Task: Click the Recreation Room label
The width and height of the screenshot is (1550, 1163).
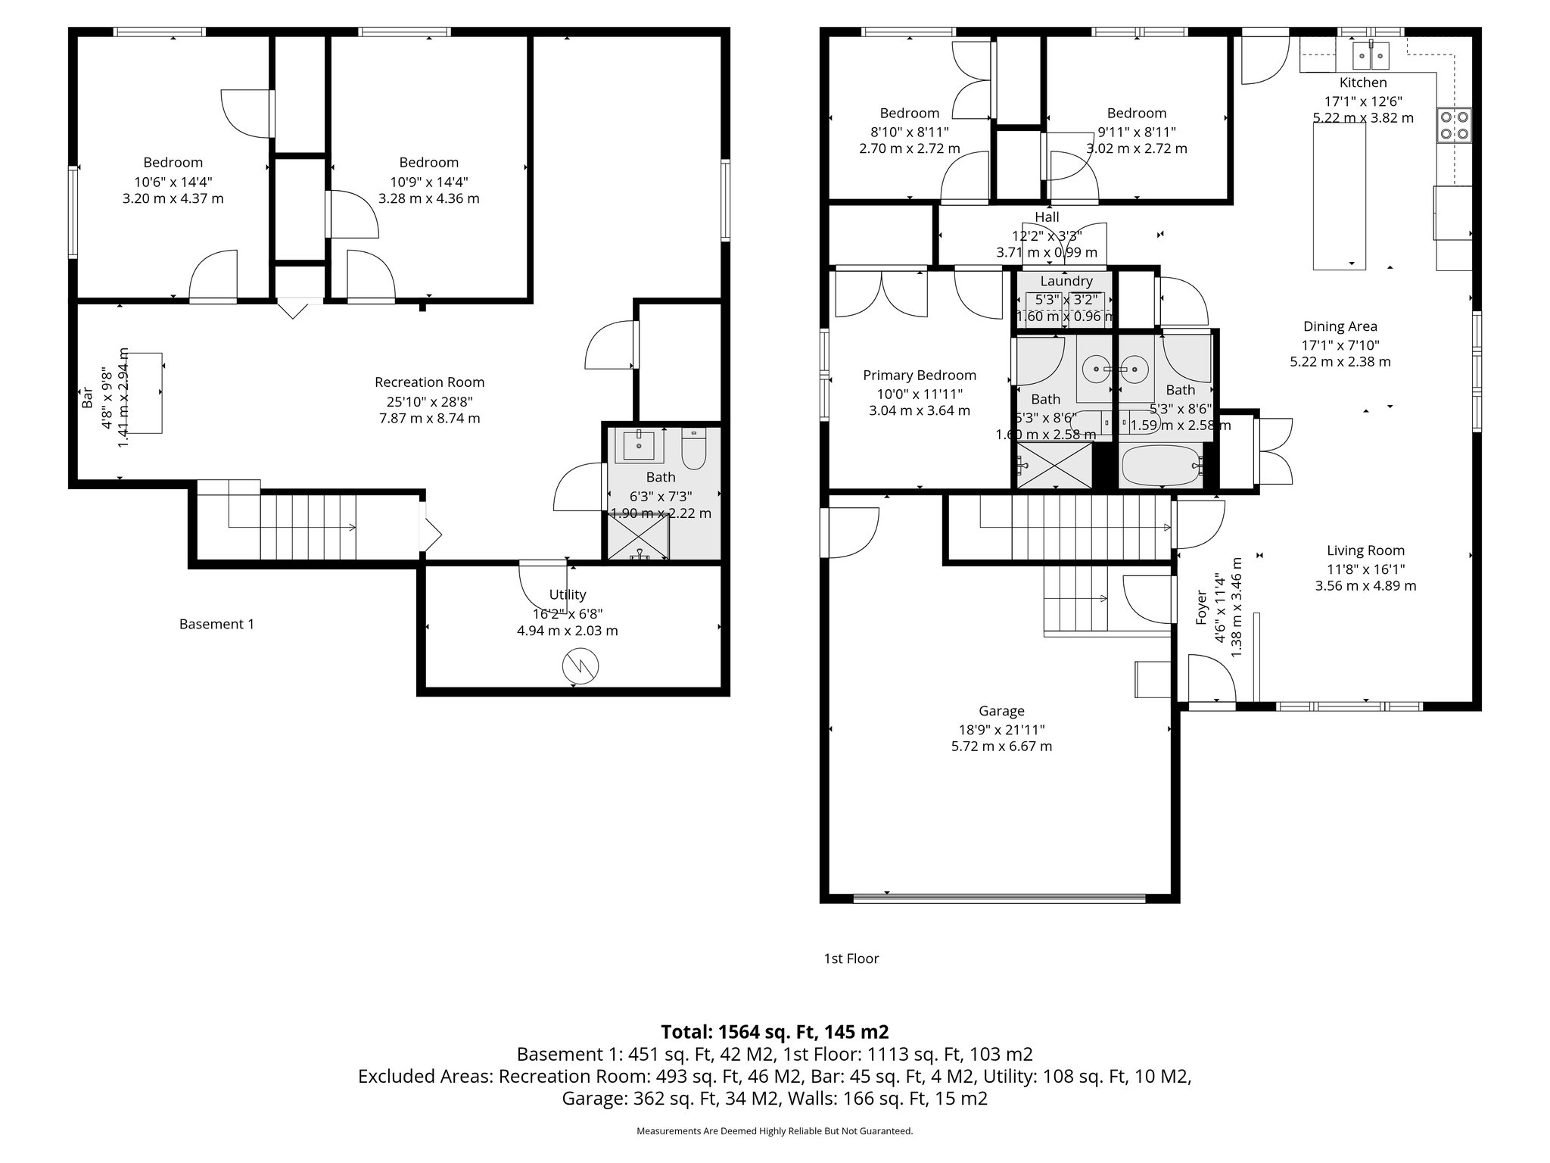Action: [x=429, y=382]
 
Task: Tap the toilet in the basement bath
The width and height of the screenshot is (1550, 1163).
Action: [x=693, y=449]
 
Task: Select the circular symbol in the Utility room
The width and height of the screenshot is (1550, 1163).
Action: [x=580, y=666]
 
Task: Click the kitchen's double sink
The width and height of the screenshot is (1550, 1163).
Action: [x=1372, y=55]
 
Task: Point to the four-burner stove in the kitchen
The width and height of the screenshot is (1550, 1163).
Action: [x=1455, y=125]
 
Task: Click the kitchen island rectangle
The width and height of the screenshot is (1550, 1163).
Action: [x=1339, y=196]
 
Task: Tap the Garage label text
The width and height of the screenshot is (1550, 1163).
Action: [x=1001, y=711]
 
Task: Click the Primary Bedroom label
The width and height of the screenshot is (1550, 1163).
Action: [x=920, y=376]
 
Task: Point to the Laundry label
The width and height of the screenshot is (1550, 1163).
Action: [x=1066, y=281]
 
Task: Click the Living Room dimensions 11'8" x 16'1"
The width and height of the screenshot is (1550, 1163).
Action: [x=1365, y=569]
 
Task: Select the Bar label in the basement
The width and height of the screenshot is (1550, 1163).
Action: [x=86, y=398]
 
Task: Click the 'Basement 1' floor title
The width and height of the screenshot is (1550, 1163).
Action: [x=216, y=624]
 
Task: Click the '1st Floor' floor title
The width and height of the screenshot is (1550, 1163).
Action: [x=851, y=959]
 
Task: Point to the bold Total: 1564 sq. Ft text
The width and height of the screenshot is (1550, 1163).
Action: [x=774, y=1032]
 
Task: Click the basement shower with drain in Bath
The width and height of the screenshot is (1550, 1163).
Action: [x=639, y=538]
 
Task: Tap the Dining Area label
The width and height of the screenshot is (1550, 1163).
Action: [x=1340, y=327]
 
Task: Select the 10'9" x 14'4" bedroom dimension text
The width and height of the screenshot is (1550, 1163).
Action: [x=428, y=182]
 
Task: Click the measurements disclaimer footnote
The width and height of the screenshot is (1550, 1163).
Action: [x=774, y=1131]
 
